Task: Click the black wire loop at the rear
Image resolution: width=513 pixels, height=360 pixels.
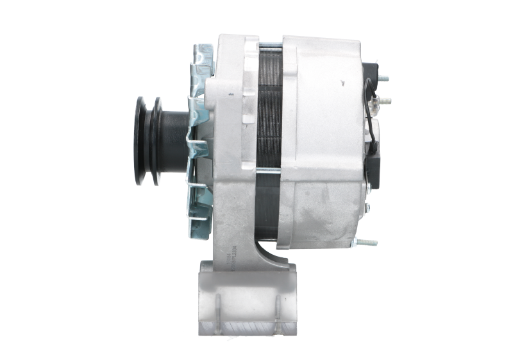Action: pyautogui.click(x=367, y=106)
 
